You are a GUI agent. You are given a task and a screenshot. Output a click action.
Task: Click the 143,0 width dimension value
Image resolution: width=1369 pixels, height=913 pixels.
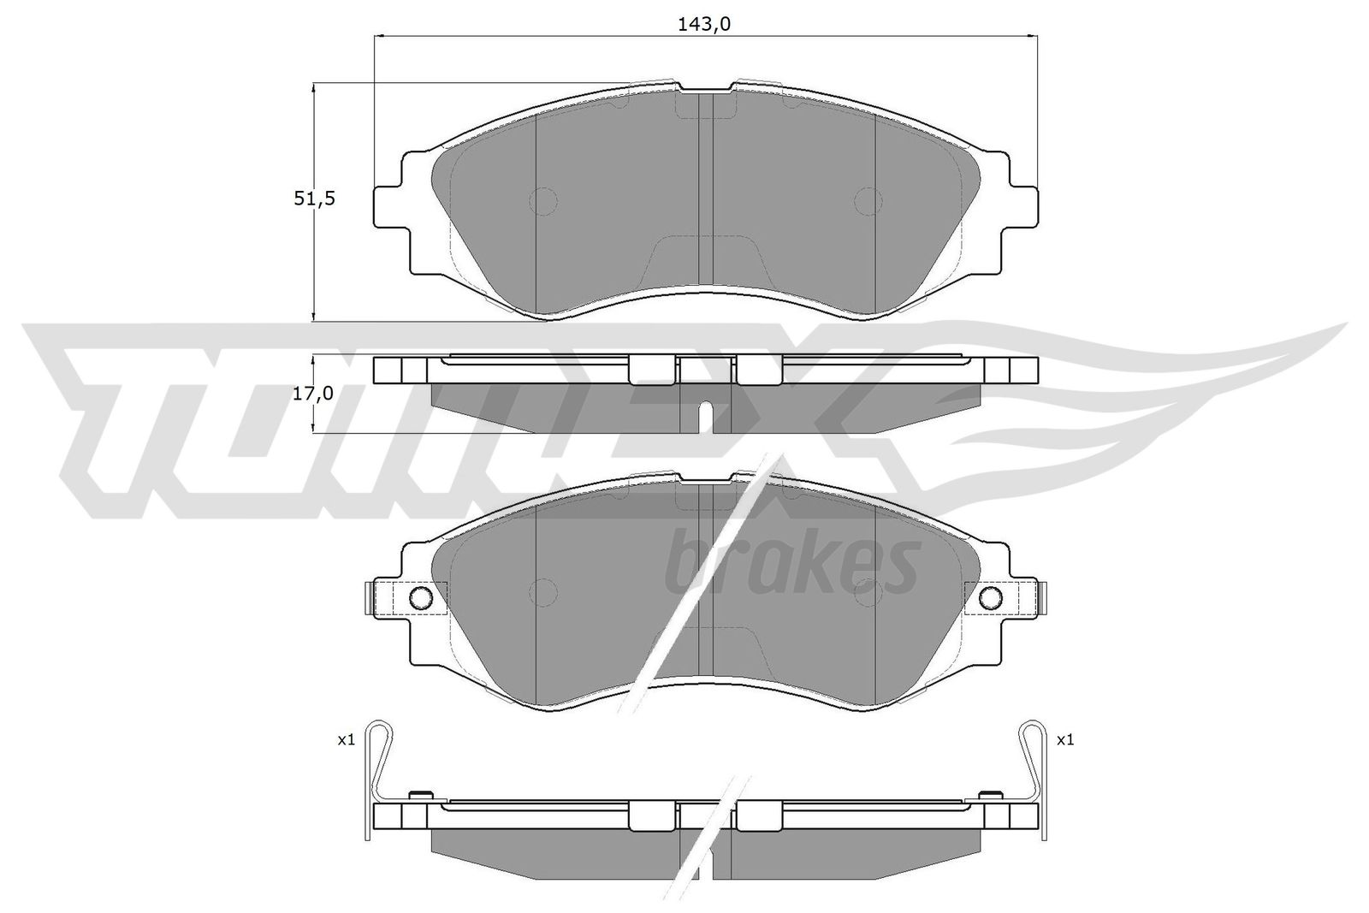[704, 25]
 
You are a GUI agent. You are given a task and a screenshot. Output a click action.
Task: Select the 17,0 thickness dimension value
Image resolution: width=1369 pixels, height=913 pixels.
[313, 394]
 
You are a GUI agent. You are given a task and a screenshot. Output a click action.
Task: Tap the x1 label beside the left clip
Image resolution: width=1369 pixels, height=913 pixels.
[347, 740]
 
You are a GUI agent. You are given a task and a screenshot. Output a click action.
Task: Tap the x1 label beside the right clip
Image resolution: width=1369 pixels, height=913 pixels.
[1065, 740]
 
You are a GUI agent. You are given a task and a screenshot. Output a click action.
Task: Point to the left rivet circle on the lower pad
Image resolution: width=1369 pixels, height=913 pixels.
[420, 597]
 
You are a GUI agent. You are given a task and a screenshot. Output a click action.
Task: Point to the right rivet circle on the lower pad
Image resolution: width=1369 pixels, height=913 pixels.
[991, 597]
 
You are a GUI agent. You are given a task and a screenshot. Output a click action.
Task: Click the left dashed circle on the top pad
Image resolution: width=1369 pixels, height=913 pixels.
[543, 201]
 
